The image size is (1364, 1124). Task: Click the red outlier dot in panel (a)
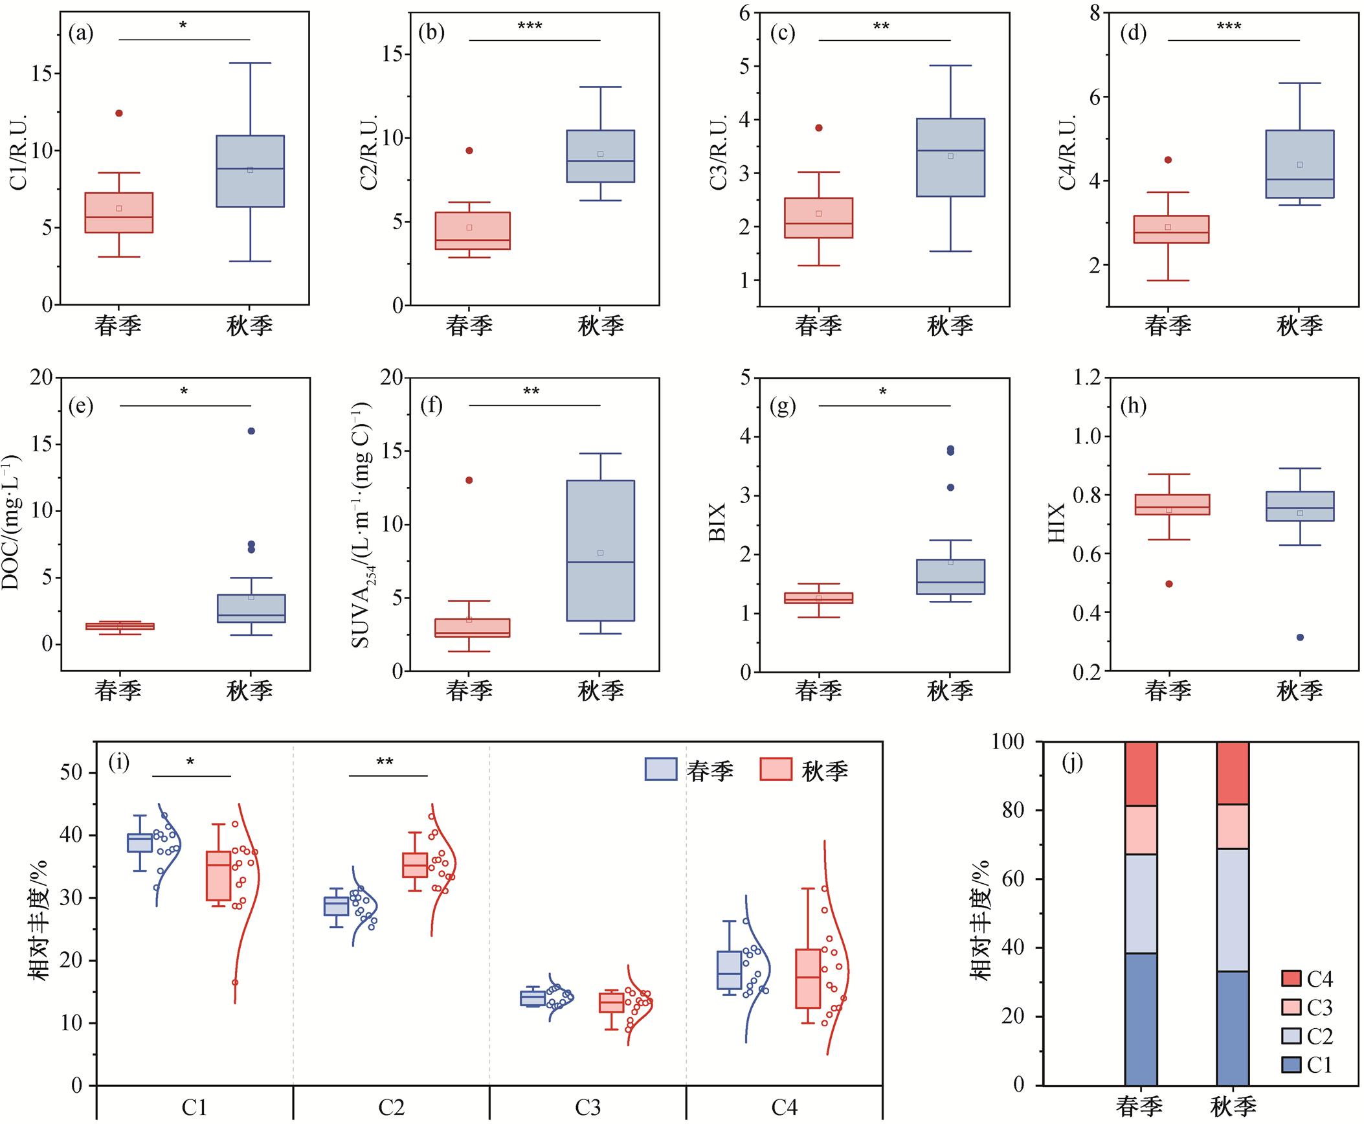click(x=119, y=113)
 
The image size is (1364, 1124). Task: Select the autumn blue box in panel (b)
click(x=600, y=156)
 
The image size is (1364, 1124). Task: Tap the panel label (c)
click(x=783, y=33)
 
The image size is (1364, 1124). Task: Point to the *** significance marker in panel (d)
click(x=1229, y=28)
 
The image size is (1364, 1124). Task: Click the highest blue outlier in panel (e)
click(x=251, y=431)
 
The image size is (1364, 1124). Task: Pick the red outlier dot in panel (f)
click(x=469, y=480)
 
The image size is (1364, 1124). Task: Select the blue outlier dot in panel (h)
click(x=1299, y=637)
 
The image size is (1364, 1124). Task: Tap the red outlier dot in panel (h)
click(x=1168, y=584)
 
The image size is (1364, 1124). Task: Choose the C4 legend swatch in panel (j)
click(x=1291, y=979)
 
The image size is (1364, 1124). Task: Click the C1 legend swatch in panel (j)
click(x=1291, y=1065)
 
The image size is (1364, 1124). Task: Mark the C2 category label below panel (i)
click(x=391, y=1108)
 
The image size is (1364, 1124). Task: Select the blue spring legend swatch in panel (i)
click(x=661, y=769)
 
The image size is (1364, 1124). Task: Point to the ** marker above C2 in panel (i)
click(x=385, y=762)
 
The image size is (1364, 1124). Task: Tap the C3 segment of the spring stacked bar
click(x=1141, y=830)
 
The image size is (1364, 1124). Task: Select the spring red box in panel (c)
click(x=818, y=218)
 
